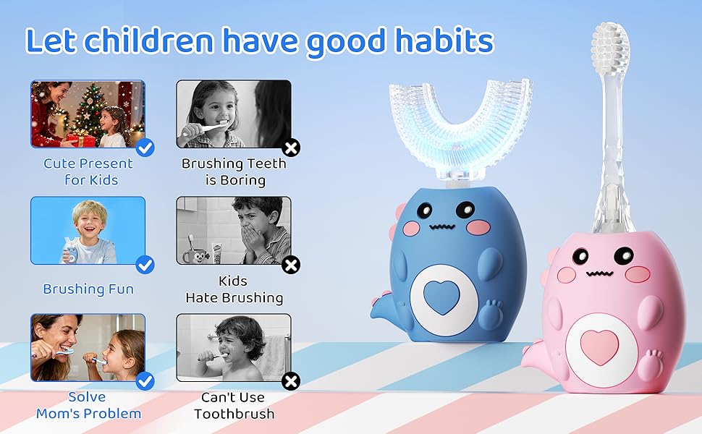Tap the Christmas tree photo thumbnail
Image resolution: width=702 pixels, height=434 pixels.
[87, 114]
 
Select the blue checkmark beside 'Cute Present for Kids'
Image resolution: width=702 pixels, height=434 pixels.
[145, 148]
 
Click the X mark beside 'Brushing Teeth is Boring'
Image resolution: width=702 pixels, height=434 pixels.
[291, 148]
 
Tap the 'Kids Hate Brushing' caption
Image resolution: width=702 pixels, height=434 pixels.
[234, 289]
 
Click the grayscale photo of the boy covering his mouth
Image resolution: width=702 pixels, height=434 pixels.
[234, 230]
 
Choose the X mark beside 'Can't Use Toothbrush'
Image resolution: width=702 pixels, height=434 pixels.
[291, 381]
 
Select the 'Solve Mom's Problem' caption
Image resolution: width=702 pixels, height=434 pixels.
[88, 405]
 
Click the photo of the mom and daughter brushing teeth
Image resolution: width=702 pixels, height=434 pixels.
[87, 346]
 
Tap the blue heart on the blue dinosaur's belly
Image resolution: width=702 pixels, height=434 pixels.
[437, 298]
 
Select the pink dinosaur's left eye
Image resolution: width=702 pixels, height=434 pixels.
[581, 257]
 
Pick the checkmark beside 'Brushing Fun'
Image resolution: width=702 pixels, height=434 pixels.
[145, 265]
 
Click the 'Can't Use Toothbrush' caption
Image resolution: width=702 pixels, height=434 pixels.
[234, 405]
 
